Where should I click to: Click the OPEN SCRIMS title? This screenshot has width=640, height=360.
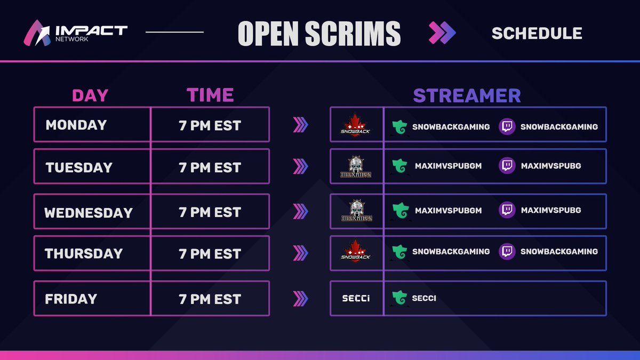point(319,34)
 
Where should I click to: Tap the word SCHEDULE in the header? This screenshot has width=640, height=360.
point(537,33)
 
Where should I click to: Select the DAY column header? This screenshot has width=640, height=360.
point(90,95)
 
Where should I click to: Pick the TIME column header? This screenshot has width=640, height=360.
point(210,95)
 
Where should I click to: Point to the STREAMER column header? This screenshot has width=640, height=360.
point(467,95)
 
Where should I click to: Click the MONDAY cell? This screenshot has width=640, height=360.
point(76,125)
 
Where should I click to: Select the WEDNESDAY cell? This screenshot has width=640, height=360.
point(89,213)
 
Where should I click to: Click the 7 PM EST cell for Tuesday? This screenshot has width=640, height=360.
point(210,167)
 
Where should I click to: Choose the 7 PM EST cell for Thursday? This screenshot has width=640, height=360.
point(210,253)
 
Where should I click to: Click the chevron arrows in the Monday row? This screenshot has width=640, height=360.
point(301,125)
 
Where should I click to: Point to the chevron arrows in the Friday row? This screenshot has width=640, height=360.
point(301,299)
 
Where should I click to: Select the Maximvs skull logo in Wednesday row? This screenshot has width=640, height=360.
point(356,210)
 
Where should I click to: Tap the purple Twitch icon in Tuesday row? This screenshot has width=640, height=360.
point(507,166)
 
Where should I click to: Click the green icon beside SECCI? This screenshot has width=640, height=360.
point(399,298)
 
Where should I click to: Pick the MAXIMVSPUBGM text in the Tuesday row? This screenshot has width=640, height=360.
point(448,166)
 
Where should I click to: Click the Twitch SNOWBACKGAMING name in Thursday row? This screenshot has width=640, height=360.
point(559,251)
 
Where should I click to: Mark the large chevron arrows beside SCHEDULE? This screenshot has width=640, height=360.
point(443,33)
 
